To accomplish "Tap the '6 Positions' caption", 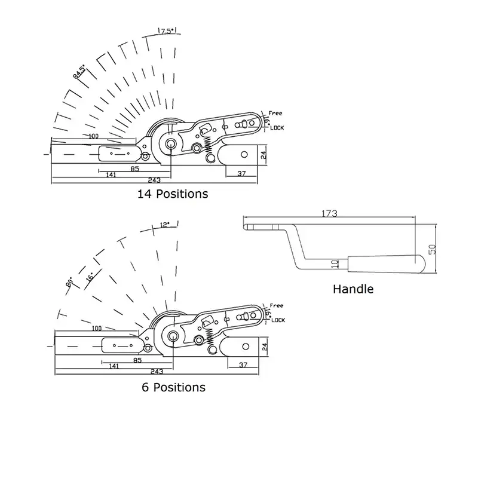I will point(173,387).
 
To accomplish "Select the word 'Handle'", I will point(353,289).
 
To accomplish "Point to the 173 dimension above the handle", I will point(329,213).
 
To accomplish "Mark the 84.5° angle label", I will point(78,72).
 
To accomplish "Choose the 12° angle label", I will point(166,225).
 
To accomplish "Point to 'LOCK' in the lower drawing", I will point(278,320).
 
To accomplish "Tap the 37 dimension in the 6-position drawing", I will point(243,364).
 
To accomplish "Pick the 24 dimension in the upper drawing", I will point(263,155).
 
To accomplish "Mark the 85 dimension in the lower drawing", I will point(137,361).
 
